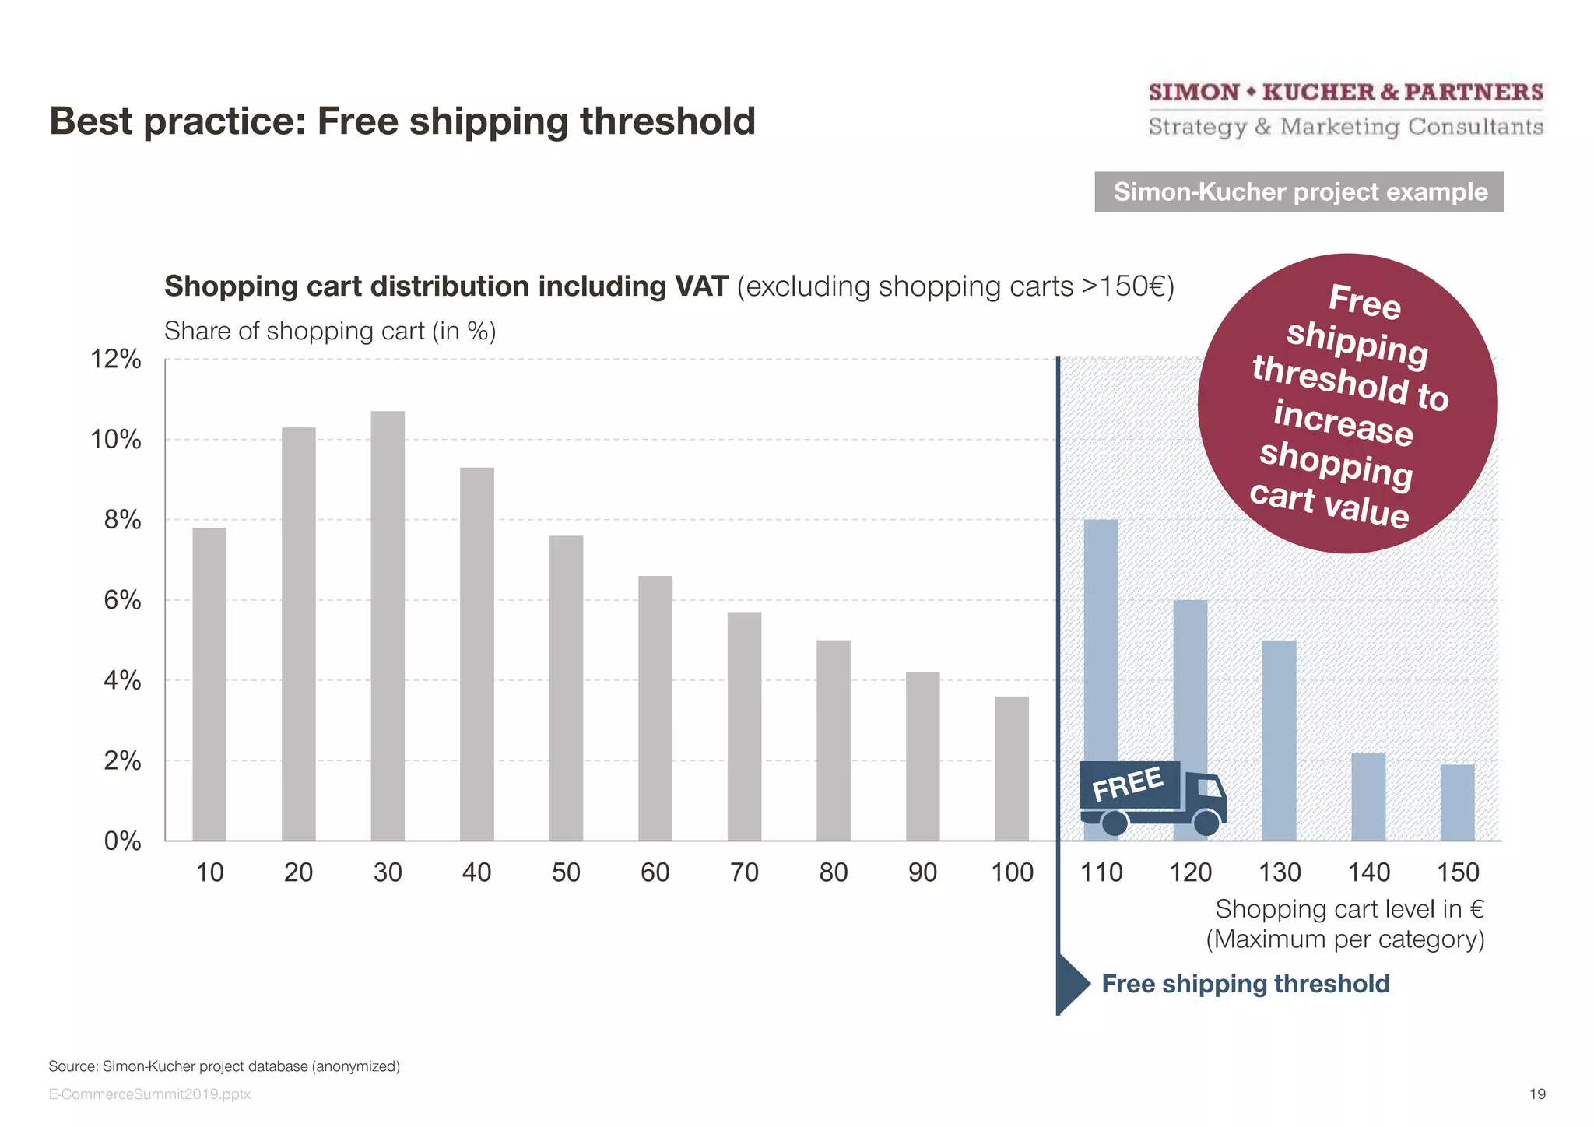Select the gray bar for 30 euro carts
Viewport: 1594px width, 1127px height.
pyautogui.click(x=388, y=626)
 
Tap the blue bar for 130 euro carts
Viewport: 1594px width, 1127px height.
pyautogui.click(x=1279, y=739)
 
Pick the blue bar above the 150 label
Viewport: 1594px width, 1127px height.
pyautogui.click(x=1457, y=802)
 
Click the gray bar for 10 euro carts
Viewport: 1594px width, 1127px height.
pyautogui.click(x=209, y=684)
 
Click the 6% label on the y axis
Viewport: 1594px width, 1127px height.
pyautogui.click(x=122, y=600)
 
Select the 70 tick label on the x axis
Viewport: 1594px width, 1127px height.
pyautogui.click(x=744, y=872)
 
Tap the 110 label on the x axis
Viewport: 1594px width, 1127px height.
pyautogui.click(x=1101, y=872)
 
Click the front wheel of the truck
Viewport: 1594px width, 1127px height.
pyautogui.click(x=1206, y=822)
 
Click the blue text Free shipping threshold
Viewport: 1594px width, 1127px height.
pyautogui.click(x=1245, y=984)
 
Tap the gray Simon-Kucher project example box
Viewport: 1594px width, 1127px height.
pyautogui.click(x=1298, y=192)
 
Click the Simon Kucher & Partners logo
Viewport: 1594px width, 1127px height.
pyautogui.click(x=1346, y=109)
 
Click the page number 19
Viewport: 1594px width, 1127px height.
pyautogui.click(x=1537, y=1094)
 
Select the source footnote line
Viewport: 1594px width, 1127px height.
pyautogui.click(x=224, y=1066)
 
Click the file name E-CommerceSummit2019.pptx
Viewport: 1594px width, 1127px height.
pyautogui.click(x=149, y=1094)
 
